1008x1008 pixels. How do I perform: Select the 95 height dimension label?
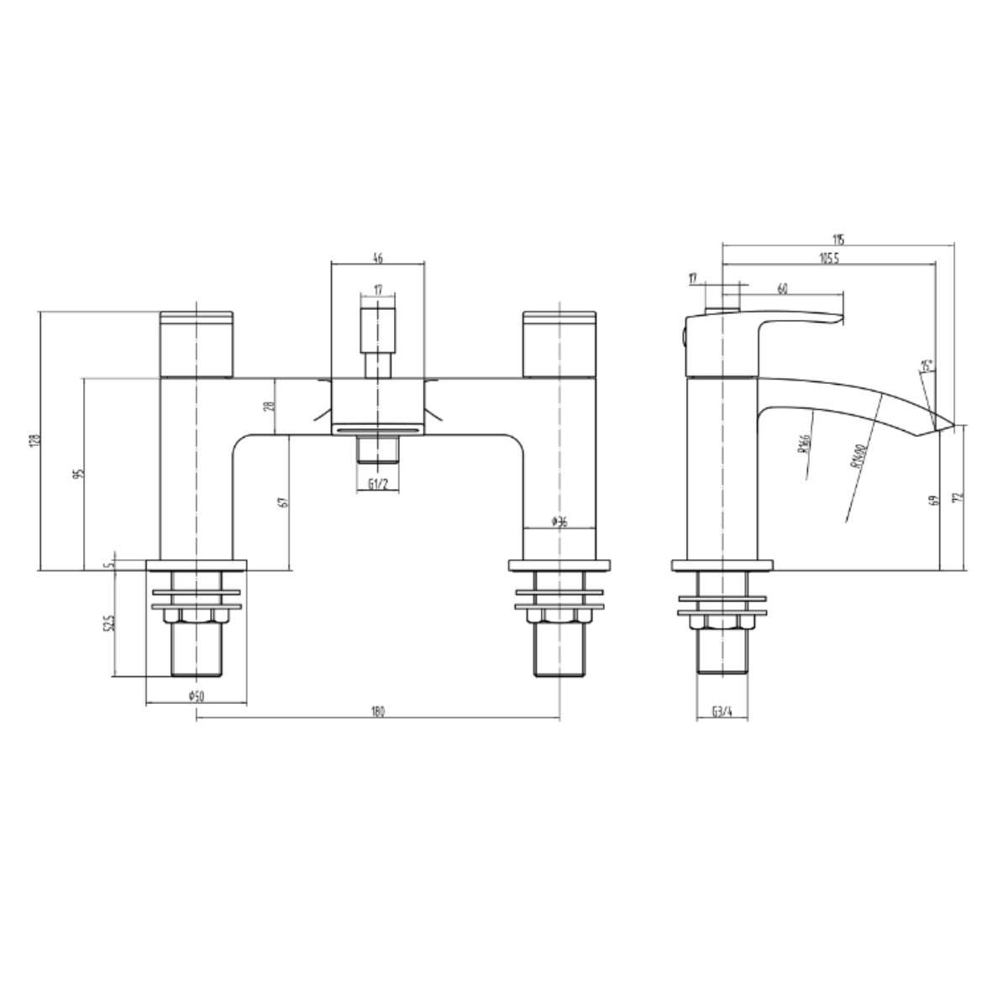click(79, 474)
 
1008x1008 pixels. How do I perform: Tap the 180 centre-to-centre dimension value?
click(377, 711)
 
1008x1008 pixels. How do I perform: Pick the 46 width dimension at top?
click(378, 260)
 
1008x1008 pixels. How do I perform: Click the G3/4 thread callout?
click(722, 711)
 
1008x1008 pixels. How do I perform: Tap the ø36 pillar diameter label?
click(560, 522)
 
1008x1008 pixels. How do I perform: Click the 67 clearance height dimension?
click(283, 501)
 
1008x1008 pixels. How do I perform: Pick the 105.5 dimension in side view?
click(828, 259)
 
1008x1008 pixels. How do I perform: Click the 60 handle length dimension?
click(782, 288)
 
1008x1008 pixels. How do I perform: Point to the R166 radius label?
click(802, 443)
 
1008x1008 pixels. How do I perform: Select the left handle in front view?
click(197, 344)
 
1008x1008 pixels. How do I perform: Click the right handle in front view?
click(559, 344)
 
